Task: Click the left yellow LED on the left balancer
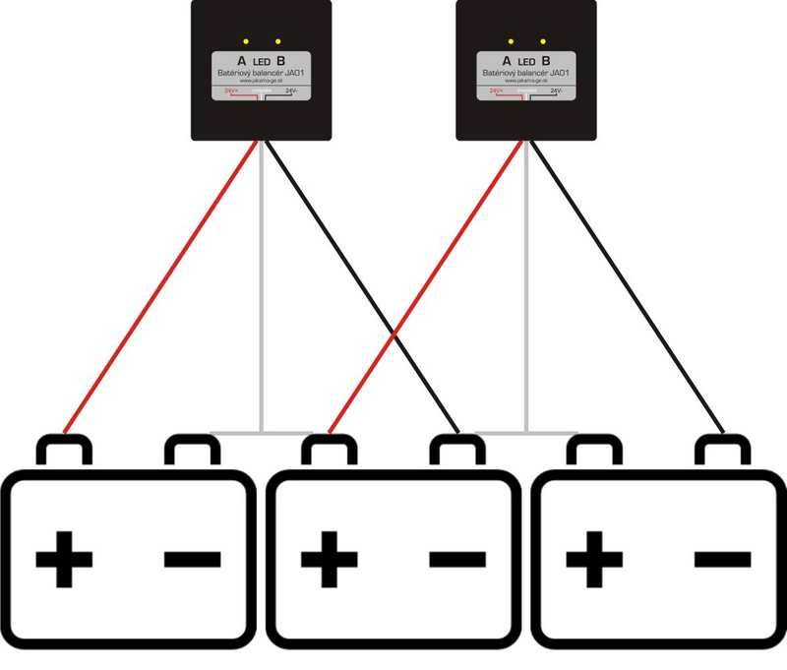pyautogui.click(x=244, y=41)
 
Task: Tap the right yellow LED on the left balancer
pyautogui.click(x=278, y=41)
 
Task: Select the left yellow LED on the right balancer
pyautogui.click(x=510, y=41)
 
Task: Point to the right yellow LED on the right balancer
pyautogui.click(x=544, y=41)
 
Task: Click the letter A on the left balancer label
pyautogui.click(x=243, y=60)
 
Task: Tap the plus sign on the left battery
pyautogui.click(x=64, y=560)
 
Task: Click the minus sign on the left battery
pyautogui.click(x=193, y=560)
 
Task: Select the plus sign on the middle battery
pyautogui.click(x=330, y=560)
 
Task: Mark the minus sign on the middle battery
pyautogui.click(x=458, y=560)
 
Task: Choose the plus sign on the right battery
pyautogui.click(x=594, y=560)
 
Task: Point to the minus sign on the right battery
pyautogui.click(x=723, y=560)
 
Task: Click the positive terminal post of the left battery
pyautogui.click(x=64, y=451)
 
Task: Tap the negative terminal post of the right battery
pyautogui.click(x=723, y=451)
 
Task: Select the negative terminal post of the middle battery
pyautogui.click(x=458, y=451)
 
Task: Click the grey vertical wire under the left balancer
pyautogui.click(x=261, y=295)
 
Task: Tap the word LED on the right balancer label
pyautogui.click(x=527, y=61)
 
